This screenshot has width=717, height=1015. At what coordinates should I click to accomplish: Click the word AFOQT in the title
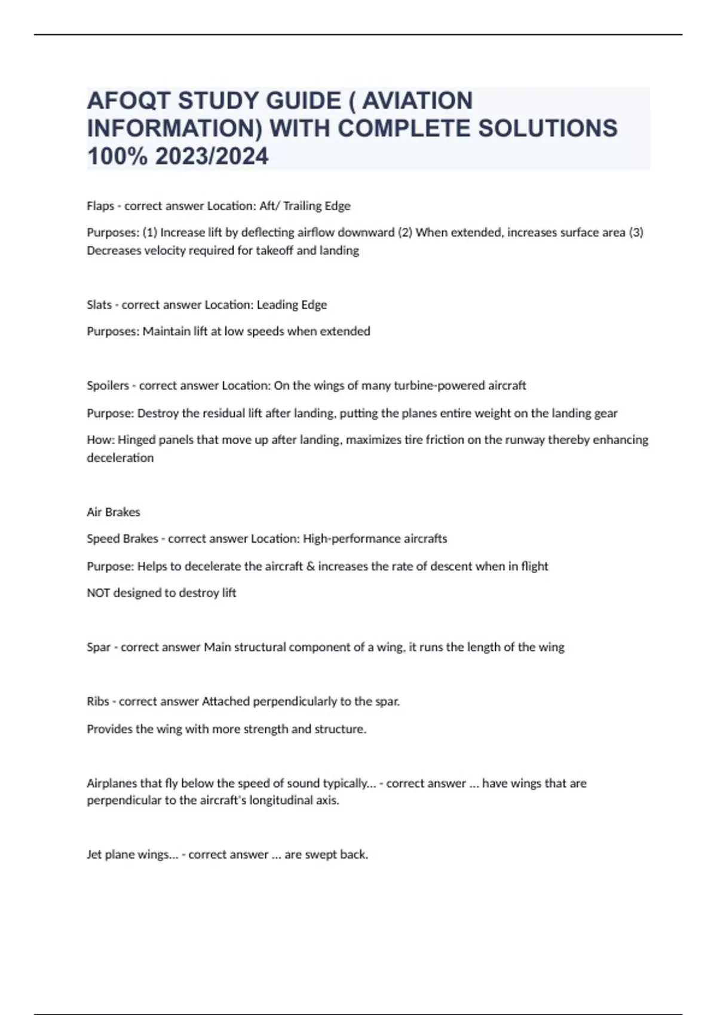coord(129,101)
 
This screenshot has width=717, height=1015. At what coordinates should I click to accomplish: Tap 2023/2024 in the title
coord(212,156)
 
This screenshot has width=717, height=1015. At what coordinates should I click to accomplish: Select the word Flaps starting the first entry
coord(100,206)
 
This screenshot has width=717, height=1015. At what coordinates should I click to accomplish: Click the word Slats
coord(99,304)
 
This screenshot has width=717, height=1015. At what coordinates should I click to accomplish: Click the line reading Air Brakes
coord(114,512)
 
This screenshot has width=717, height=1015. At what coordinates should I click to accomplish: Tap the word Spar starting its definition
coord(99,647)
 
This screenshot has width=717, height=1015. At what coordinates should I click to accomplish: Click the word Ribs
coord(98,702)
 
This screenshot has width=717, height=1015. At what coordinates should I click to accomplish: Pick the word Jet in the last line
coord(94,854)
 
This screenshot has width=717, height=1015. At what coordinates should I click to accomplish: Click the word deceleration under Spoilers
coord(120,458)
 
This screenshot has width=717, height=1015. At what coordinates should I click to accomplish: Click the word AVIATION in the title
coord(418,101)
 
